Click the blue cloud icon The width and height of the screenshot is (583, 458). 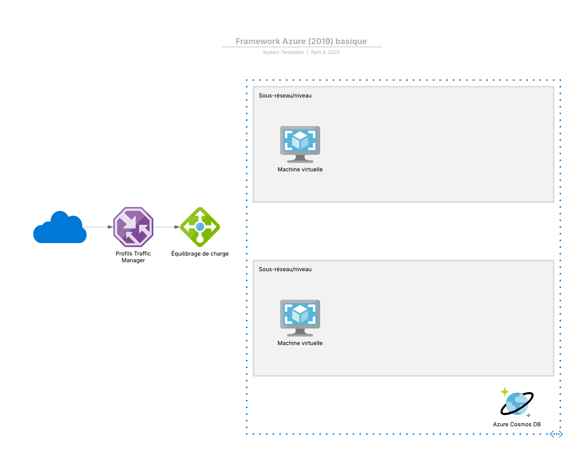coord(60,228)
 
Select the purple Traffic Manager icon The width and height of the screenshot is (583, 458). coord(133,227)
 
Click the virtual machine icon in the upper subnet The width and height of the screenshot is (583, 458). coord(300,144)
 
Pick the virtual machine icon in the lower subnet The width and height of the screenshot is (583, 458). coord(300,318)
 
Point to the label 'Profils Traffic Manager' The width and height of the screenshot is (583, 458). coord(133,257)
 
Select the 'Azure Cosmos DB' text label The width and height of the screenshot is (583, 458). coord(517,424)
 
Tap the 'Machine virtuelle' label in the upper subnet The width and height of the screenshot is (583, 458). coord(300,170)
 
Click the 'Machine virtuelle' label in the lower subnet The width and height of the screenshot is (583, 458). coord(300,343)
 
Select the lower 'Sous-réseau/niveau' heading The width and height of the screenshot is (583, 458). coord(285,269)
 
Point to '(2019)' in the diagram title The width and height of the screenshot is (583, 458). coord(320,41)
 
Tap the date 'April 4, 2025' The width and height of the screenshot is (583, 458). coord(325,52)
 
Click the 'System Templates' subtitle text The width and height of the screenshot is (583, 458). coord(283,52)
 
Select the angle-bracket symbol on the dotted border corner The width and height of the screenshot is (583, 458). coord(556,434)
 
